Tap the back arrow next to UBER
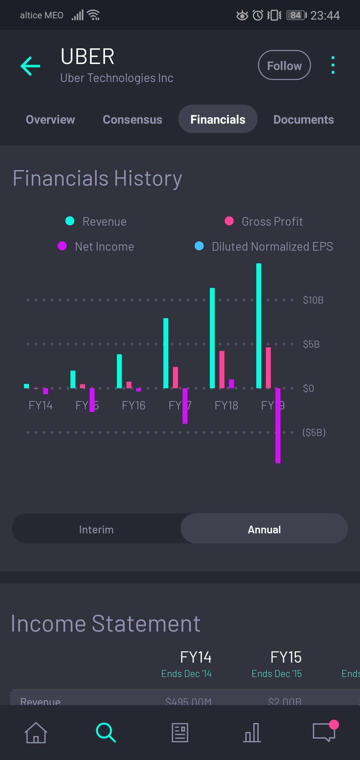click(x=30, y=66)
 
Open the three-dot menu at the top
click(x=333, y=65)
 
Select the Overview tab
click(x=50, y=119)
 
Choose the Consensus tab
click(x=132, y=119)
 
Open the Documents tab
click(x=303, y=119)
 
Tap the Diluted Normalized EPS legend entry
click(x=264, y=246)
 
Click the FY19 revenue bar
click(x=259, y=326)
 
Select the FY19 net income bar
click(x=278, y=426)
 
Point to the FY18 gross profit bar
click(x=222, y=369)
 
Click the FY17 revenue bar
click(x=166, y=353)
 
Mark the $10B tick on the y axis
click(x=313, y=300)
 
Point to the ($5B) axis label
click(x=314, y=432)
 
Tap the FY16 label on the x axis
click(x=133, y=405)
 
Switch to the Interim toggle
click(x=96, y=529)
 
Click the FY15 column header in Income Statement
click(x=286, y=657)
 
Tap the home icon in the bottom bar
click(x=36, y=732)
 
